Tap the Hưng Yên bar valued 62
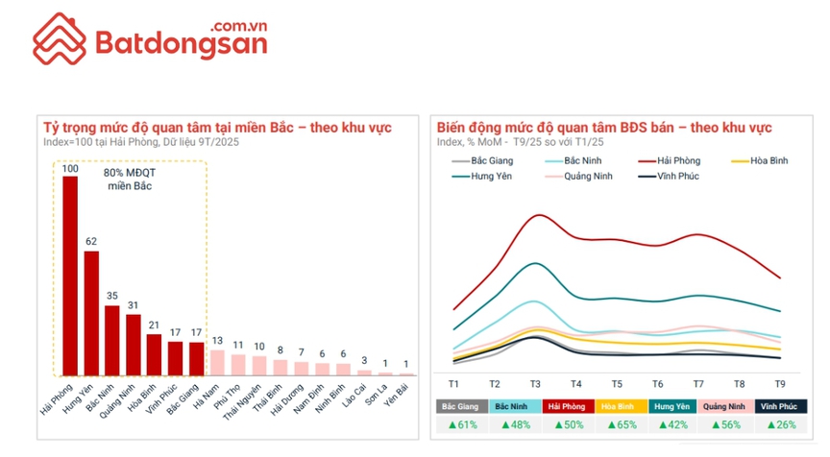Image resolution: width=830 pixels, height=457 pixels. point(91,312)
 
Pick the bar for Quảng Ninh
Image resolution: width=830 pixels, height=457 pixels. point(134,346)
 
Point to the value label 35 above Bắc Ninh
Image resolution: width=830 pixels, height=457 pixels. point(112,297)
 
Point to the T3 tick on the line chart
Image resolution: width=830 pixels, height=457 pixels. point(535,383)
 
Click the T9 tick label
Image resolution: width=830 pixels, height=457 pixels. point(780,383)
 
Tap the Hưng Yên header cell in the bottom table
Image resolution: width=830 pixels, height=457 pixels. point(675,406)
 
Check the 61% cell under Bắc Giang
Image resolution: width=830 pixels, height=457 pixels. point(462,424)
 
